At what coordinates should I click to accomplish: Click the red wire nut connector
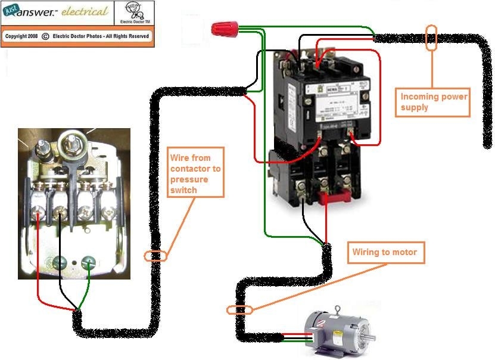pos(225,27)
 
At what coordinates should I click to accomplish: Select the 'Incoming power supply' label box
pos(433,102)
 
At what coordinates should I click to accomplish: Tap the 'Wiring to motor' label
pos(384,252)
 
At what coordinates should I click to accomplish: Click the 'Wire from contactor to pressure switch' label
pos(195,173)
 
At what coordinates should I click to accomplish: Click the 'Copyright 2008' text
pos(21,36)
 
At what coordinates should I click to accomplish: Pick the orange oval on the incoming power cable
pos(431,38)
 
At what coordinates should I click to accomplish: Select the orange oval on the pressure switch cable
pos(155,256)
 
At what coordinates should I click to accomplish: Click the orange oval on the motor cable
pos(240,309)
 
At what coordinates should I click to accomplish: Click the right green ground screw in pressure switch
pos(88,260)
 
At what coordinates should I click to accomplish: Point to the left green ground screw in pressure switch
pos(60,261)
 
